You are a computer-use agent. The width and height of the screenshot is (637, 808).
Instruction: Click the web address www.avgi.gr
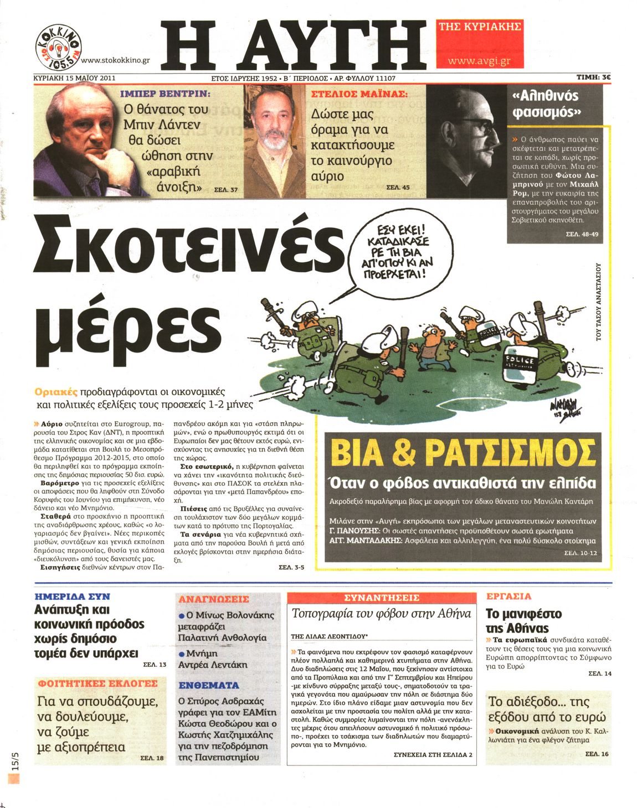click(479, 61)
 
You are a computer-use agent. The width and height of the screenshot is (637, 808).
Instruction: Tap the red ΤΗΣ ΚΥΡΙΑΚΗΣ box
click(480, 27)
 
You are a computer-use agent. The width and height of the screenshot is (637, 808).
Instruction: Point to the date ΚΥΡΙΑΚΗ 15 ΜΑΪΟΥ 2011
click(74, 78)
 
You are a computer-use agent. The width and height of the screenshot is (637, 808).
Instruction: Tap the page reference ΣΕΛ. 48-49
click(582, 234)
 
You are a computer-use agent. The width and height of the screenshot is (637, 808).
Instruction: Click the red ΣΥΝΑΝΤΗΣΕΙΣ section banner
click(382, 598)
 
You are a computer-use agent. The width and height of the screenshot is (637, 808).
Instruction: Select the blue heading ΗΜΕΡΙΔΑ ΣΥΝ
click(72, 597)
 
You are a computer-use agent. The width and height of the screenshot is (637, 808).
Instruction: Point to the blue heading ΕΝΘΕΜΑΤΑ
click(209, 685)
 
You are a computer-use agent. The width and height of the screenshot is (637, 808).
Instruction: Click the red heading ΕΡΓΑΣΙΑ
click(508, 596)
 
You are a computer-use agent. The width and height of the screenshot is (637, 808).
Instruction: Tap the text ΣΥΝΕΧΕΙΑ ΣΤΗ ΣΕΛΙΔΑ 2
click(433, 754)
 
